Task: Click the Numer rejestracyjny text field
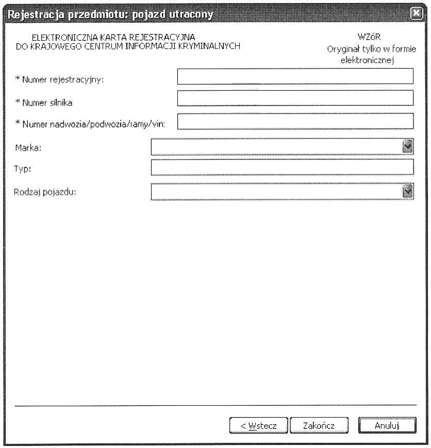click(x=295, y=76)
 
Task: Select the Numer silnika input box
click(x=295, y=98)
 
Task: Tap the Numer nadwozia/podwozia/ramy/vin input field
click(x=295, y=121)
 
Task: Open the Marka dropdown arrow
click(x=408, y=147)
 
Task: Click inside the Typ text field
click(x=282, y=168)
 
